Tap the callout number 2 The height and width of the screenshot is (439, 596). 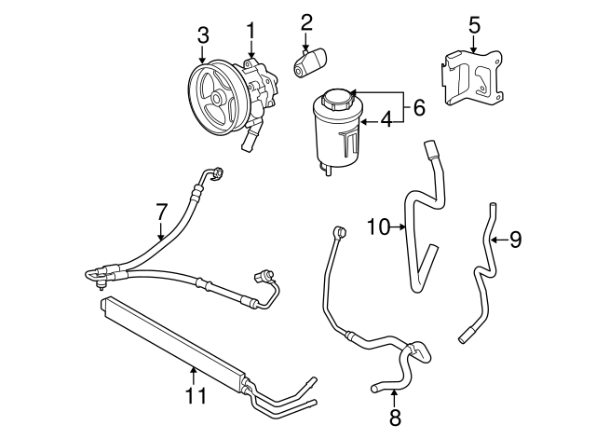pos(306,22)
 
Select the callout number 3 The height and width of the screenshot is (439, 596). pos(203,36)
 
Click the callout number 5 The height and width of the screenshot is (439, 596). pos(474,23)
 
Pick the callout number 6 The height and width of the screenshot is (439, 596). pos(419,108)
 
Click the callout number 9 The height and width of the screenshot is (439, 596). pos(515,240)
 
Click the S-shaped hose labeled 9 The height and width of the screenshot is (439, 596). pos(483,280)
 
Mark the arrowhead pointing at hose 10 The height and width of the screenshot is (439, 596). pos(404,226)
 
